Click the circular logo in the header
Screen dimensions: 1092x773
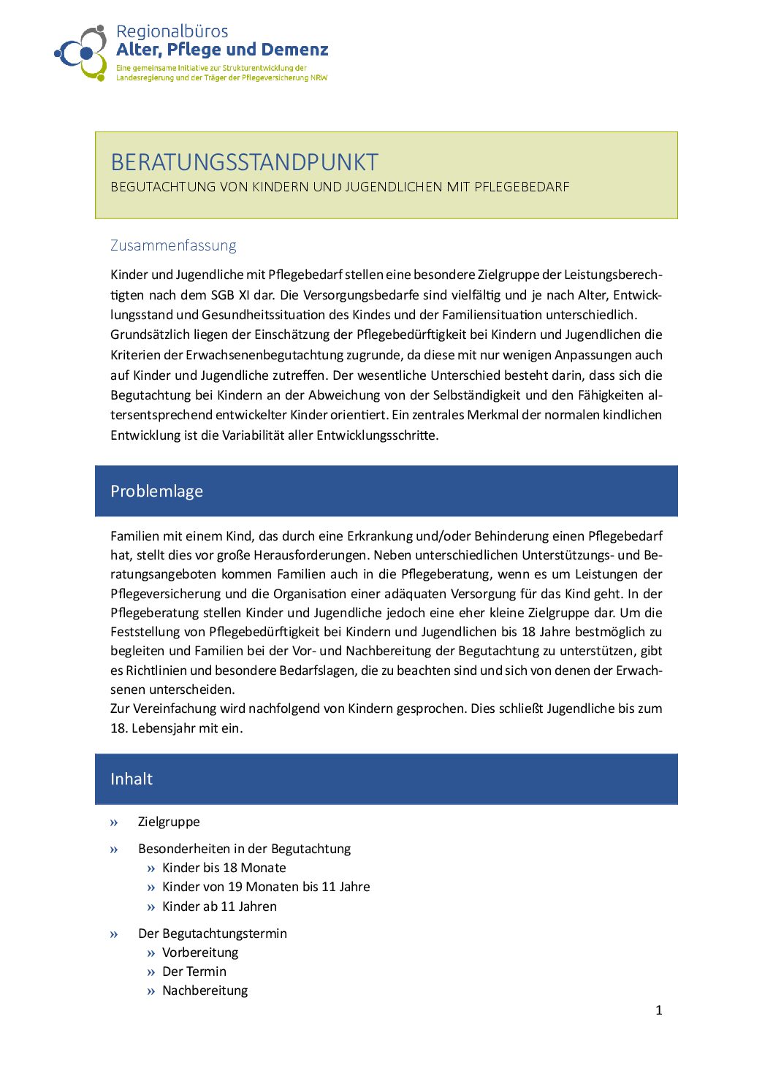(81, 53)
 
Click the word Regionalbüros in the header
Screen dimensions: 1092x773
(172, 31)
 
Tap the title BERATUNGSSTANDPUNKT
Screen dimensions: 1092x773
(244, 162)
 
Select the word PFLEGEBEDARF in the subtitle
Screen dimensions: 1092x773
(522, 187)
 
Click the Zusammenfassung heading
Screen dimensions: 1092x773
(173, 245)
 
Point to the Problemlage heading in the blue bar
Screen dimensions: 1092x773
(156, 491)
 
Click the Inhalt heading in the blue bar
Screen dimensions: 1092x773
(132, 779)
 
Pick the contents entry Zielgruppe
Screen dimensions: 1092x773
(169, 822)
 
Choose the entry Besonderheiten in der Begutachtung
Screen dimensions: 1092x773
(244, 849)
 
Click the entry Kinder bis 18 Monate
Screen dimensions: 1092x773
(224, 868)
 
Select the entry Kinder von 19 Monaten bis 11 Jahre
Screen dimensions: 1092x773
(266, 887)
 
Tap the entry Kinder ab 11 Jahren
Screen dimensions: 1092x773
(219, 906)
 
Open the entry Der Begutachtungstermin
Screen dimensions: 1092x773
(212, 933)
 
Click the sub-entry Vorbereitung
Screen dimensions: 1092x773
(200, 952)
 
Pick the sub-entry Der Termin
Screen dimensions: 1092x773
(194, 971)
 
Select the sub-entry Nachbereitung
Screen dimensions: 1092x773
(205, 990)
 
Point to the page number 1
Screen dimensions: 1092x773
(659, 1010)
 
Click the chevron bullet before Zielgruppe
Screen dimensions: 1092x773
(114, 822)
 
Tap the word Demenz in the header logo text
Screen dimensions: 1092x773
(294, 50)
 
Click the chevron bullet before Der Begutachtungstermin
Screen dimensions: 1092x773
(114, 934)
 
